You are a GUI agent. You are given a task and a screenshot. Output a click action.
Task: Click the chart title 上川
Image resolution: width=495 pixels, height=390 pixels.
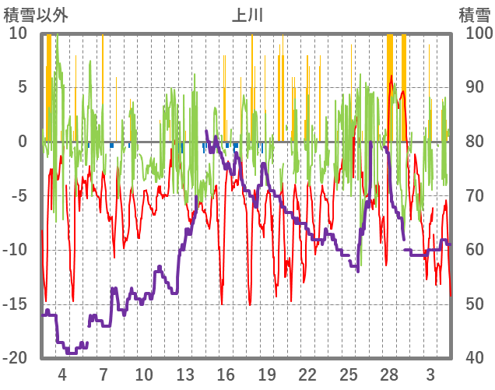pyautogui.click(x=247, y=15)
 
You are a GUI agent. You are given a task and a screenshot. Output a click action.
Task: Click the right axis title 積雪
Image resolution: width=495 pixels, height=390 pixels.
pyautogui.click(x=473, y=15)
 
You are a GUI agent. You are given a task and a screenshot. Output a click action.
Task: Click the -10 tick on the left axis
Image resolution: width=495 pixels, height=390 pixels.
pyautogui.click(x=17, y=250)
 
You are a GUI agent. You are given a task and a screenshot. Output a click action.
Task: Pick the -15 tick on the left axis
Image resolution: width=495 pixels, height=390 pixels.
pyautogui.click(x=17, y=304)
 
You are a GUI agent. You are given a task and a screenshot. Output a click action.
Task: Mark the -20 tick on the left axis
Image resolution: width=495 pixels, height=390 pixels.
pyautogui.click(x=17, y=358)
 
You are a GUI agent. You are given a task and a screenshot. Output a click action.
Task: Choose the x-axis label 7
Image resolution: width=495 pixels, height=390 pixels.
pyautogui.click(x=103, y=374)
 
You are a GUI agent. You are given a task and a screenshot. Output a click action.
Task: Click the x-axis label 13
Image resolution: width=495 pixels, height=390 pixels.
pyautogui.click(x=184, y=374)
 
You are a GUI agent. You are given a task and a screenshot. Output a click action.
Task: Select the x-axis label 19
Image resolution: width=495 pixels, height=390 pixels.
pyautogui.click(x=267, y=374)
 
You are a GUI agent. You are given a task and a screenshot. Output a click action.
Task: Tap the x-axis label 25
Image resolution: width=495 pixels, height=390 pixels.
pyautogui.click(x=349, y=374)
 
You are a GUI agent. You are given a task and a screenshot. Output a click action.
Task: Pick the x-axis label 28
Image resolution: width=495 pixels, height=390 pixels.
pyautogui.click(x=389, y=374)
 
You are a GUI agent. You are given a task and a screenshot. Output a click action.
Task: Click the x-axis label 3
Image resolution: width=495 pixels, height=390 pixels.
pyautogui.click(x=430, y=374)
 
